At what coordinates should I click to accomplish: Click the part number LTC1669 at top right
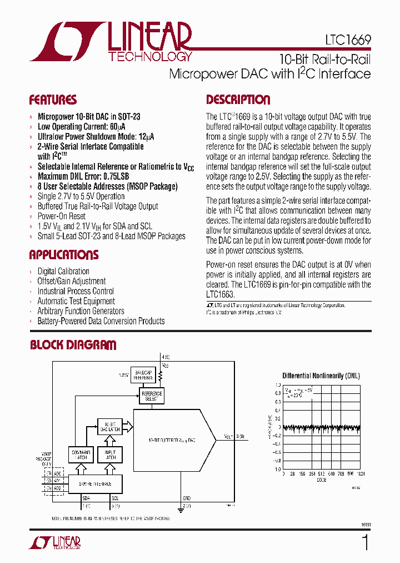(348, 41)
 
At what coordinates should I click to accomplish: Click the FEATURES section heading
(53, 100)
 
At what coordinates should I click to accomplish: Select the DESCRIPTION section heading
(238, 100)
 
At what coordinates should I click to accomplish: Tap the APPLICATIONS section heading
(63, 255)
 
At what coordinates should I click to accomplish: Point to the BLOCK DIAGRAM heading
(73, 345)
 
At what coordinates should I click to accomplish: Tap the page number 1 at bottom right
(365, 542)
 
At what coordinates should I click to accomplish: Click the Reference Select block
(152, 396)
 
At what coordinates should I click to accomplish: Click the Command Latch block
(81, 455)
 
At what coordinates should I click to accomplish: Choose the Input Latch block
(110, 455)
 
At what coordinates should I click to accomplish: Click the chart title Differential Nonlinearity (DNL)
(321, 376)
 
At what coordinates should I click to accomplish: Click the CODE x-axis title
(321, 480)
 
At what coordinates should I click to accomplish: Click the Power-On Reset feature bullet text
(61, 216)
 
